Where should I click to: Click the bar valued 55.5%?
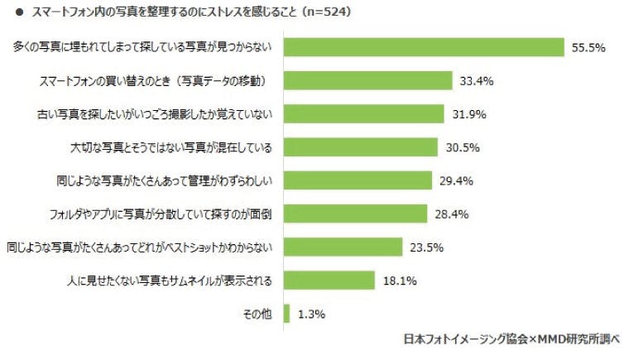click(424, 47)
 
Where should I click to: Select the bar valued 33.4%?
click(367, 80)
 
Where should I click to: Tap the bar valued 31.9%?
click(364, 113)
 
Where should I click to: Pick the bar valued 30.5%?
click(360, 147)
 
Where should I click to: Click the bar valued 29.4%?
click(358, 180)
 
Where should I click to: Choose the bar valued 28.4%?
click(355, 214)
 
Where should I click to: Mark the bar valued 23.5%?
click(343, 247)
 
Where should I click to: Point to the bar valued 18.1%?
click(329, 280)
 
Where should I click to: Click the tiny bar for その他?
click(286, 314)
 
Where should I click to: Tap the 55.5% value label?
click(588, 48)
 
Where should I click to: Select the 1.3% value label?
click(311, 314)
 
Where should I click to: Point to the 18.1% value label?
click(400, 281)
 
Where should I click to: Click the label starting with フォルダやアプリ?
click(161, 214)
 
